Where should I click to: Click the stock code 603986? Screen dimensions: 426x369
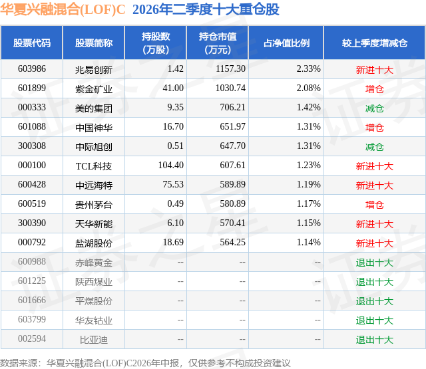click(32, 69)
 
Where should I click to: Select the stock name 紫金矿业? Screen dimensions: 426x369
click(94, 89)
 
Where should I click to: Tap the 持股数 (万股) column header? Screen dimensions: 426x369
click(156, 43)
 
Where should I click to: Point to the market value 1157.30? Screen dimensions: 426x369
click(230, 69)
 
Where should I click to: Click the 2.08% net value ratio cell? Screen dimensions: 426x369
click(308, 88)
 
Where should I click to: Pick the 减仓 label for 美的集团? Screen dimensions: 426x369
click(374, 108)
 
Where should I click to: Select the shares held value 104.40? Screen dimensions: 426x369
click(171, 166)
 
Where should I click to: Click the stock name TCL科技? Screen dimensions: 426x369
click(94, 166)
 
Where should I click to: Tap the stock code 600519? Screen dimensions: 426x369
click(32, 203)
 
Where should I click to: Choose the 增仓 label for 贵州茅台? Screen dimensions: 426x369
click(374, 205)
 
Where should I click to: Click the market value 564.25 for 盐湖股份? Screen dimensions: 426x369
click(232, 242)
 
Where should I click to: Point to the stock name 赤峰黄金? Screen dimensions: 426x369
click(94, 263)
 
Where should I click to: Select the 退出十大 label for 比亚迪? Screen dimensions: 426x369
click(374, 340)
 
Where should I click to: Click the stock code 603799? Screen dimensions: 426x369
click(32, 319)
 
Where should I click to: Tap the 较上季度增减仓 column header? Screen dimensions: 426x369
click(374, 43)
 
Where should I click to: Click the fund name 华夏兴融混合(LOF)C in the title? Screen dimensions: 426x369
click(63, 9)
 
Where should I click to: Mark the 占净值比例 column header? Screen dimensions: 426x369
click(286, 43)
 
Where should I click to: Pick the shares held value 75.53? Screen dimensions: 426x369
click(173, 185)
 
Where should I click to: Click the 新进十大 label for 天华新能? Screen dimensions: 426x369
click(374, 224)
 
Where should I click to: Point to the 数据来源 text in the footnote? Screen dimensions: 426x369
click(18, 363)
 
